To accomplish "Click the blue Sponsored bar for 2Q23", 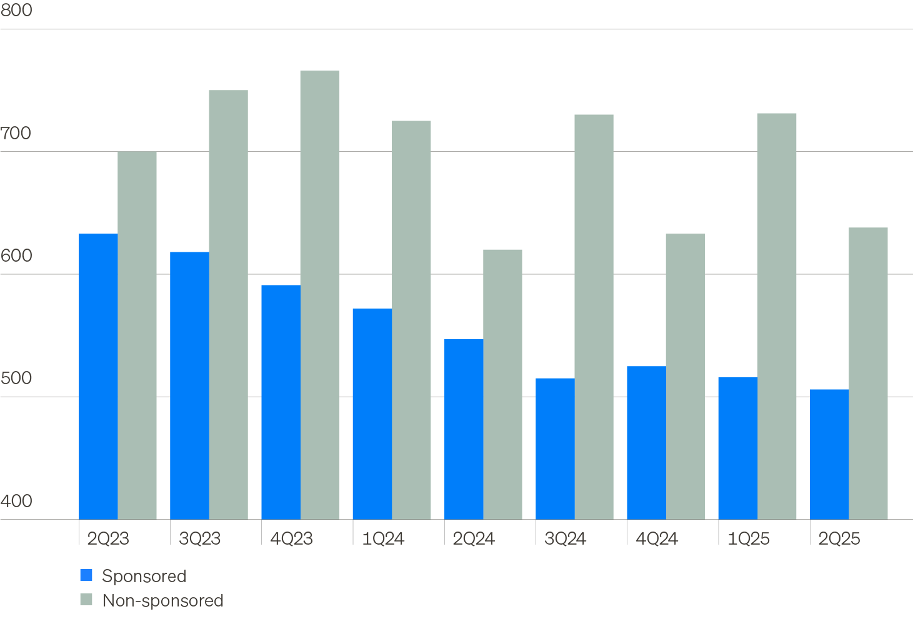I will pos(98,376).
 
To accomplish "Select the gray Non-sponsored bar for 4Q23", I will pos(319,295).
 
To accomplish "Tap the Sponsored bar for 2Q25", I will pos(829,454).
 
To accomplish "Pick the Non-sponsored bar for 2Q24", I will pos(502,384).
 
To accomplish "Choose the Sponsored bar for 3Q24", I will pos(555,448).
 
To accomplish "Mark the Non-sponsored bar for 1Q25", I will pos(777,316).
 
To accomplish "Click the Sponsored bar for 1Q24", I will pos(372,413).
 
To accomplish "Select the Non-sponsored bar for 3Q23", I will pos(228,304).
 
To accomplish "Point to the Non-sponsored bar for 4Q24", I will pos(685,376).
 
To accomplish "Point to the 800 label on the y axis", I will pos(16,11).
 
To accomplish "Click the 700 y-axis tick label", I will pos(16,133).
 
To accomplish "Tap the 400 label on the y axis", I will pos(16,501).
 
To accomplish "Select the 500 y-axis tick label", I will pos(16,379).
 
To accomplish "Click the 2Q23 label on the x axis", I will pos(108,538).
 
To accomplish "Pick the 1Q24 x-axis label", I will pos(383,538).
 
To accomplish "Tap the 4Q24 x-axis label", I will pos(657,538).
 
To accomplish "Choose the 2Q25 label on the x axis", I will pos(839,538).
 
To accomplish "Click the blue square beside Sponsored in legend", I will pos(86,575).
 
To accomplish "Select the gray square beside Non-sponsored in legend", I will pos(86,600).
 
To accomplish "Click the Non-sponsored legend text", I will pos(163,600).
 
